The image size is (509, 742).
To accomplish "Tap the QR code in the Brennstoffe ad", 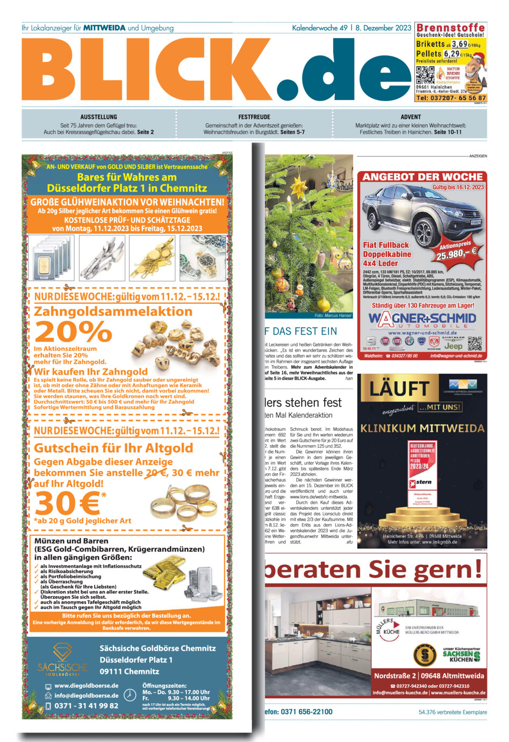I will (425, 75).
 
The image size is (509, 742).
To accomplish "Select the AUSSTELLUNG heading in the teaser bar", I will (98, 117).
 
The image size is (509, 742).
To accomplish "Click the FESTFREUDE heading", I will (254, 117).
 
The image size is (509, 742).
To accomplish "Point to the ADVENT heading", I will (411, 117).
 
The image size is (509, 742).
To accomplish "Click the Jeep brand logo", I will (453, 345).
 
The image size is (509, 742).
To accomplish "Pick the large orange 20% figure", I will (73, 331).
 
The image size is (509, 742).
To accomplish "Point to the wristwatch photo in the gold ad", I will (203, 258).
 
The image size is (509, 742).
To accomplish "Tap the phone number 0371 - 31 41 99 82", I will (86, 705).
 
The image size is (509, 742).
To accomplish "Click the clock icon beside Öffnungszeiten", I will (130, 695).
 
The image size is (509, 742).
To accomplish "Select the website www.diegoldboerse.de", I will (86, 686).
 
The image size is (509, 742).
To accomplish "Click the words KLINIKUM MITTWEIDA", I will (422, 429).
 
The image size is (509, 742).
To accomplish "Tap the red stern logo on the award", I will (421, 482).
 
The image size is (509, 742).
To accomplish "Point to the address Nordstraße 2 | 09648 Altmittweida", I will (429, 676).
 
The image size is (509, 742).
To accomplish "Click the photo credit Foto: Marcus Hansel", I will (333, 316).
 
